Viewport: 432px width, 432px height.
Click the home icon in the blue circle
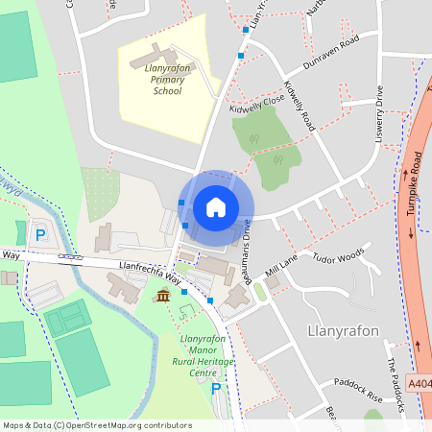pos(216,206)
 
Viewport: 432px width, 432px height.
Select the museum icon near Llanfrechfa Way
pos(163,295)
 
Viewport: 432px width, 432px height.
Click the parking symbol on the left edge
pos(40,233)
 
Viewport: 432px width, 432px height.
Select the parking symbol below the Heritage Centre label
pos(216,388)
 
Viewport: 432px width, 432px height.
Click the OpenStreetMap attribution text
pos(97,425)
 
